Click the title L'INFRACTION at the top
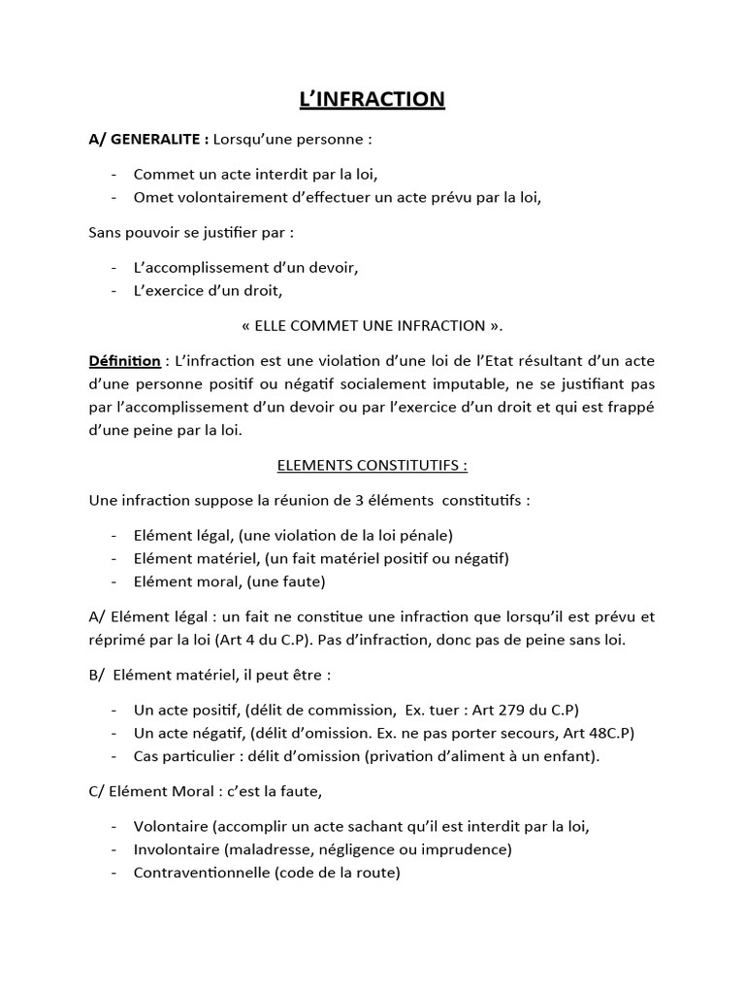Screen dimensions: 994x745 pyautogui.click(x=372, y=99)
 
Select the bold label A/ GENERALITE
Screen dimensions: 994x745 pyautogui.click(x=146, y=139)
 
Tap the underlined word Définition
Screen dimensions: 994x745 pyautogui.click(x=124, y=361)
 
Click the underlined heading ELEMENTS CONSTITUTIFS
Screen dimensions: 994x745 pyautogui.click(x=372, y=465)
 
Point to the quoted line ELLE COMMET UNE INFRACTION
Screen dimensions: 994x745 pyautogui.click(x=372, y=324)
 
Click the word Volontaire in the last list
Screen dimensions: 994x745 pyautogui.click(x=171, y=826)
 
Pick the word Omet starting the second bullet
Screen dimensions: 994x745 pyautogui.click(x=153, y=198)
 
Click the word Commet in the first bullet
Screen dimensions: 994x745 pyautogui.click(x=164, y=175)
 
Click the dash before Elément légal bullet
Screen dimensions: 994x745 pyautogui.click(x=115, y=535)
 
